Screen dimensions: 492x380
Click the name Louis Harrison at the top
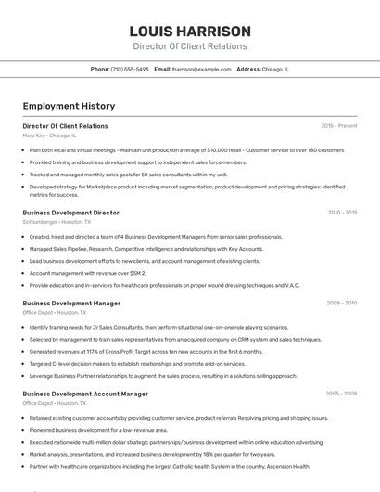[190, 31]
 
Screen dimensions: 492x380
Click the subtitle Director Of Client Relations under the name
[190, 45]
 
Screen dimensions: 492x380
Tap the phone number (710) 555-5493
[129, 69]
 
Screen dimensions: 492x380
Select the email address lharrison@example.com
[201, 69]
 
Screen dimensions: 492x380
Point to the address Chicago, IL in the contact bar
[275, 69]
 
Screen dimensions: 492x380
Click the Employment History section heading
[62, 107]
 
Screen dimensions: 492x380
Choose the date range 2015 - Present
[338, 125]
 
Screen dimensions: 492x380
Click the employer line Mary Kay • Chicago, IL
[49, 136]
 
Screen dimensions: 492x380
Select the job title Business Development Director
[70, 212]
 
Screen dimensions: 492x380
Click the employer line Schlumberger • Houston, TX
[57, 222]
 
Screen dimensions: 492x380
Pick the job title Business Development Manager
[71, 303]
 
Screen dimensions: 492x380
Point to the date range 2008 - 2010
[341, 303]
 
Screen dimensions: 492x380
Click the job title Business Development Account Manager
[85, 394]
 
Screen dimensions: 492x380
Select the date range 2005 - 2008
[341, 394]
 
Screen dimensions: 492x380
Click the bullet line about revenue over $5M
[88, 273]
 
